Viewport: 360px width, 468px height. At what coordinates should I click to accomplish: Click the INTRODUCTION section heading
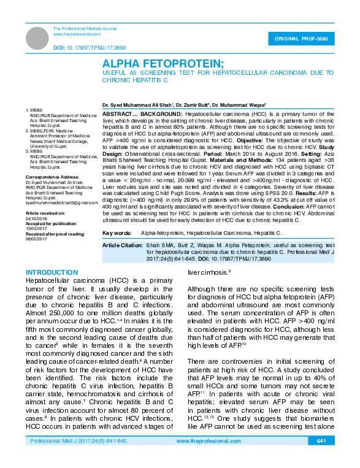pos(51,272)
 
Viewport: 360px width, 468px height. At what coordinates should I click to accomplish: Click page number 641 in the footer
pos(322,458)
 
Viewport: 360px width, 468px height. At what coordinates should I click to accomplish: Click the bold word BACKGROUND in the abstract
pos(157,115)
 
